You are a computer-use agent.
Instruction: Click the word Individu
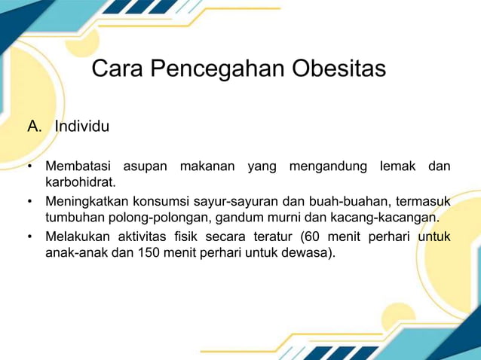pos(82,127)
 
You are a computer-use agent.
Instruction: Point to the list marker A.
pos(34,127)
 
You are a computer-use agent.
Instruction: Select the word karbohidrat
pos(81,182)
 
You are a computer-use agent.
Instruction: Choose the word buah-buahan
pos(337,202)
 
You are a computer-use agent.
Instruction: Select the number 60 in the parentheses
pos(308,237)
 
